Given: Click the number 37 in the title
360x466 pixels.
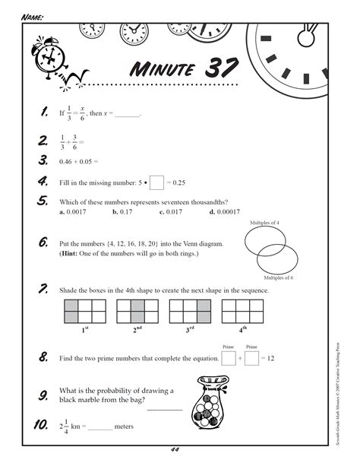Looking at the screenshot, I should (x=219, y=69).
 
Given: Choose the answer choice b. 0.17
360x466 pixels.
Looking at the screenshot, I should (x=122, y=212).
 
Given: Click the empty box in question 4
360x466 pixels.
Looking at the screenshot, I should (x=156, y=183).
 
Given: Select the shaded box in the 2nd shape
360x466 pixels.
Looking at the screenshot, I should (x=137, y=311).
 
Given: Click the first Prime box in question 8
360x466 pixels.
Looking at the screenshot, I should (x=229, y=357).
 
